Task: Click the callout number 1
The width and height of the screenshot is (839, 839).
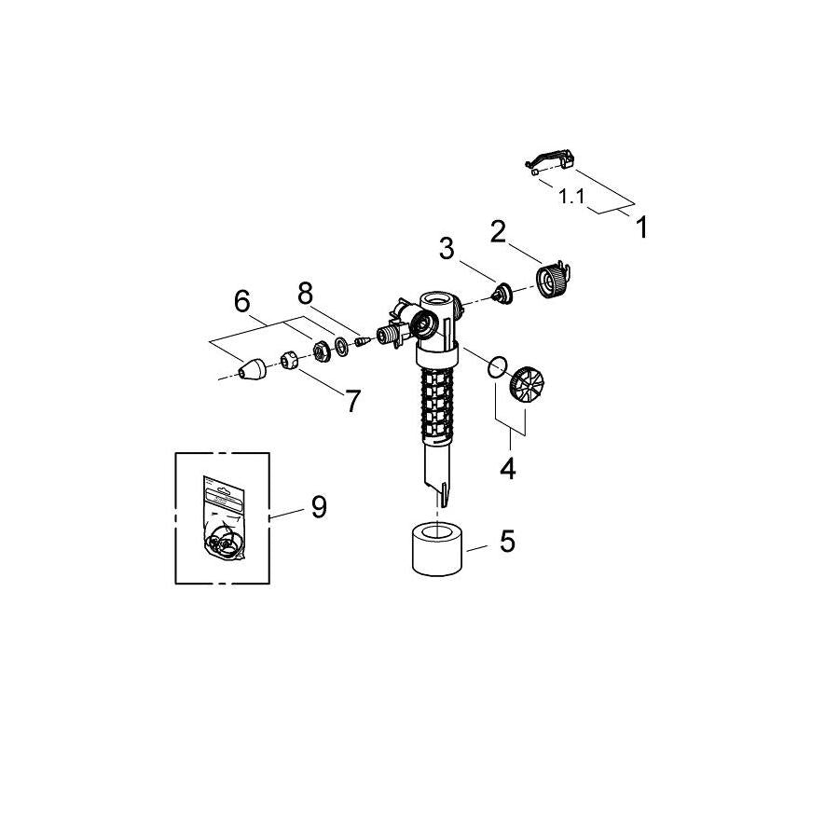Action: [x=641, y=227]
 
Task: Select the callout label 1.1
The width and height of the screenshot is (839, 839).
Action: [x=571, y=197]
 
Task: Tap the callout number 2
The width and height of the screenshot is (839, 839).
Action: [x=498, y=232]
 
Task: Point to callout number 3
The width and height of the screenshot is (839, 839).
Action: [x=447, y=249]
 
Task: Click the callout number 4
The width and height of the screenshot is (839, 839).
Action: [x=507, y=468]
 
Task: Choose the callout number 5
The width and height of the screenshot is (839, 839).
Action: [x=241, y=301]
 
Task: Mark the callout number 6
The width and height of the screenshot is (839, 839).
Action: [x=352, y=401]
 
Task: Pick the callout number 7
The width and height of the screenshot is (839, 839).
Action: [x=305, y=294]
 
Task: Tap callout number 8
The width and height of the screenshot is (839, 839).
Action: [x=319, y=506]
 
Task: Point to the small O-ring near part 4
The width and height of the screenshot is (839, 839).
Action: [x=497, y=367]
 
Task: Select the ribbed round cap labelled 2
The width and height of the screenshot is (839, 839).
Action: [x=552, y=280]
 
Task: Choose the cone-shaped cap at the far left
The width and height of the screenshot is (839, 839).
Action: [x=253, y=369]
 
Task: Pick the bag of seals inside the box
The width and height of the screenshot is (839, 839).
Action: [x=224, y=518]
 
